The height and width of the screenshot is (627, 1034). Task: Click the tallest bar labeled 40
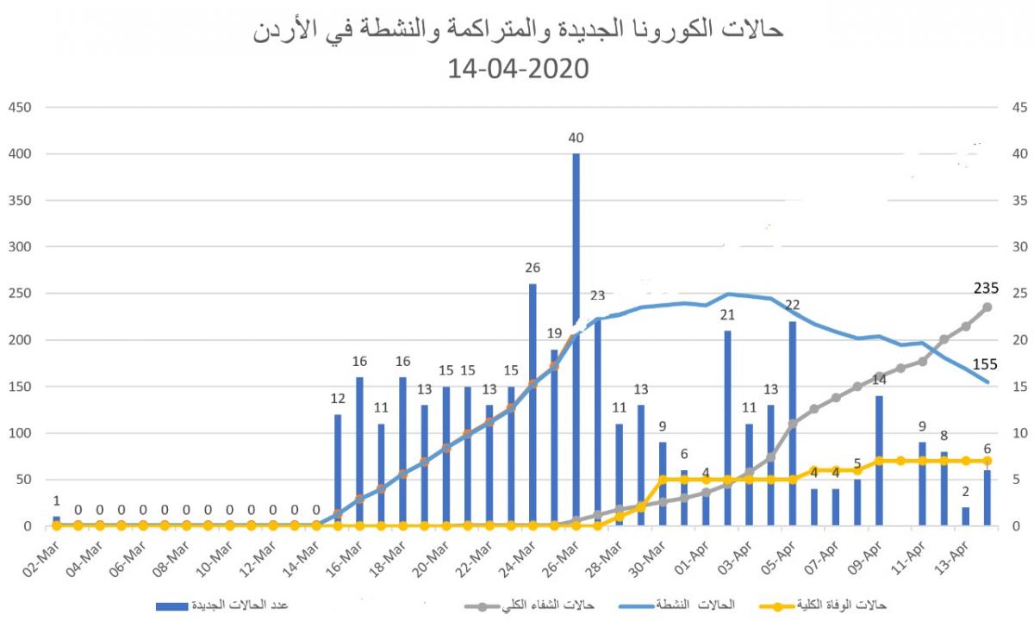576,339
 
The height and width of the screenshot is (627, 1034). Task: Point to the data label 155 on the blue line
986,365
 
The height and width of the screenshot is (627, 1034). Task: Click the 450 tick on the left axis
19,108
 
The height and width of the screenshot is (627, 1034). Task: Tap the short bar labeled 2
965,517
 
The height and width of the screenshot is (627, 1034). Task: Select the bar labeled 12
338,470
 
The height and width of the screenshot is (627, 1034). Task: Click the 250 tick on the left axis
19,294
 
